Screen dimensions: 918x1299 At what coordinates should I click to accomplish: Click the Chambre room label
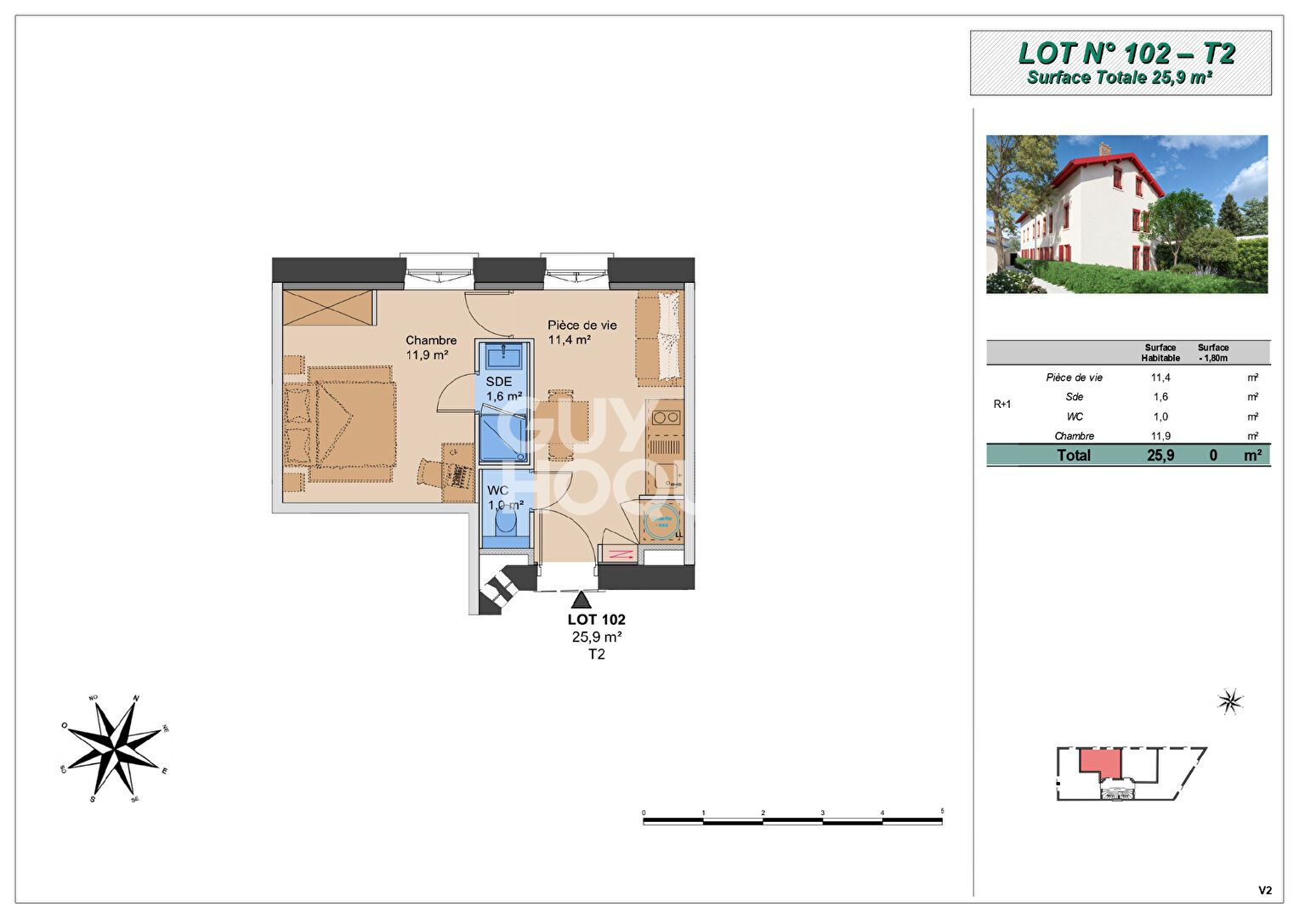431,340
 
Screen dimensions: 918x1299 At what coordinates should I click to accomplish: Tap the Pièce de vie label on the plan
581,325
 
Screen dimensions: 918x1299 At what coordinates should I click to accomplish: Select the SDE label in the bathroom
499,382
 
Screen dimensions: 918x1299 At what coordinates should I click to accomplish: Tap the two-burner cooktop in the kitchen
665,417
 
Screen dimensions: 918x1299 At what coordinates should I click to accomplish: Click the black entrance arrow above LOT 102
581,600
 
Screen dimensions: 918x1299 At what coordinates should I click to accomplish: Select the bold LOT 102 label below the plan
596,620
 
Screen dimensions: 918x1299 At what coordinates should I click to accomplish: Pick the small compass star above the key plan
1229,701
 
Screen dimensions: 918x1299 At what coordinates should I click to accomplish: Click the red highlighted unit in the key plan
1102,762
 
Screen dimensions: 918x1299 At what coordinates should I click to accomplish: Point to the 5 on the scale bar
942,812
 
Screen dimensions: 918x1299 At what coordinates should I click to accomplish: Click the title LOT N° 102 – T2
1126,54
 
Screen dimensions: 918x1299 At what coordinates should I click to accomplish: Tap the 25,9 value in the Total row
1160,456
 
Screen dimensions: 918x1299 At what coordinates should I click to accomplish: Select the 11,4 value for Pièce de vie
1160,377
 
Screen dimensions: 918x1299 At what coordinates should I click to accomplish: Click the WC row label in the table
1075,416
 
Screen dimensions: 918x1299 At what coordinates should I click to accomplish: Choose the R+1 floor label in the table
1002,404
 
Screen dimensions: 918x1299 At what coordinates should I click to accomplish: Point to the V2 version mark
1265,890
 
